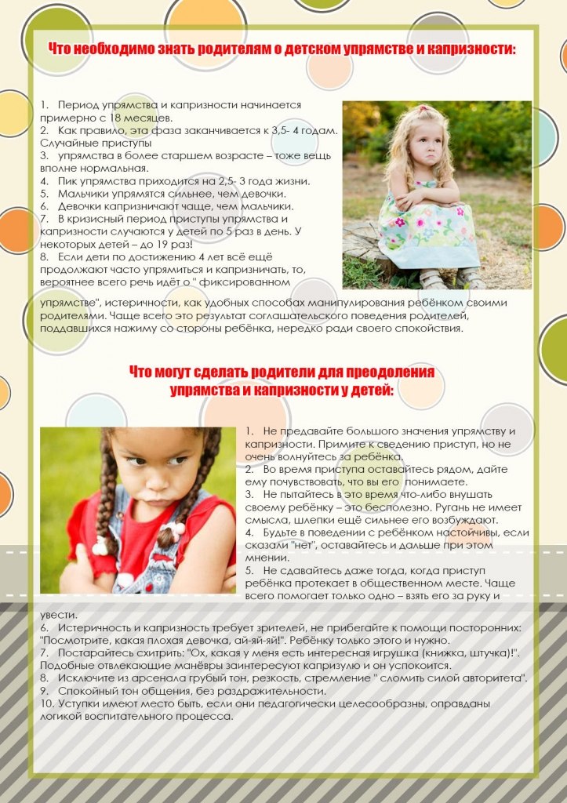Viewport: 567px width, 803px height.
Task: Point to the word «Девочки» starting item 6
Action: (82, 205)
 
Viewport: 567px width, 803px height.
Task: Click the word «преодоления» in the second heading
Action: (388, 372)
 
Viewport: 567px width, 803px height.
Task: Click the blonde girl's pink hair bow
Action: (425, 110)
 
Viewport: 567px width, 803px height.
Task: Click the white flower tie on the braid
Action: (100, 544)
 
